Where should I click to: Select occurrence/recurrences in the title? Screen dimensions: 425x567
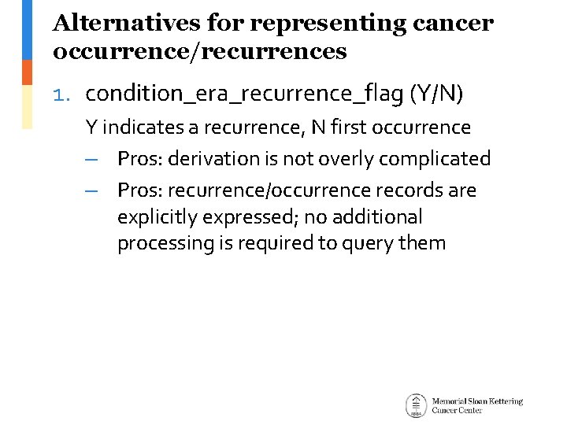click(x=199, y=52)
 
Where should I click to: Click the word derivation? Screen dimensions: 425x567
click(x=215, y=159)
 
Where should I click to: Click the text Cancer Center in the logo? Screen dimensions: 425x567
click(x=457, y=411)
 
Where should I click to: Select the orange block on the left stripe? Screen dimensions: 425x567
click(x=27, y=72)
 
